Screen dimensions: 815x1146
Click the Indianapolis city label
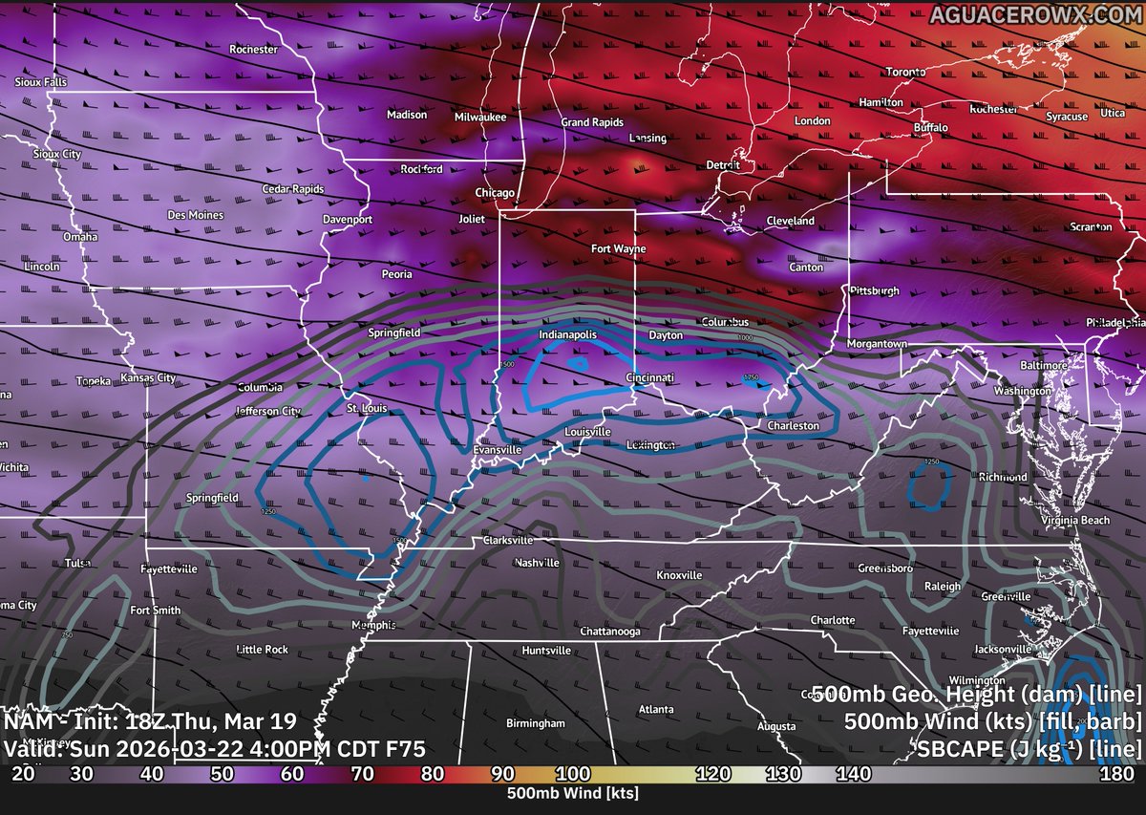pos(567,335)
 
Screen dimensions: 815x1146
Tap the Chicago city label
pos(495,193)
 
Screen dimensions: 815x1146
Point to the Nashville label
pos(536,563)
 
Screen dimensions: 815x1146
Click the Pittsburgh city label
pos(874,290)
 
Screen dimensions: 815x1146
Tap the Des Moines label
pos(195,215)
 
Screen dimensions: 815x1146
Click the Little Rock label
pos(262,650)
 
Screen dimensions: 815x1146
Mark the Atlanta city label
pos(655,709)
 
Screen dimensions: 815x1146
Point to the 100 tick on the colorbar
pos(573,772)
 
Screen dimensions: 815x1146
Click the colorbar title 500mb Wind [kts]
pos(573,793)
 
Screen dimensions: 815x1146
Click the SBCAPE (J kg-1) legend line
pos(1027,748)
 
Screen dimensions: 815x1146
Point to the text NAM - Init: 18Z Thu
pos(150,721)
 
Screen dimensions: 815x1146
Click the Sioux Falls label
pos(41,83)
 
